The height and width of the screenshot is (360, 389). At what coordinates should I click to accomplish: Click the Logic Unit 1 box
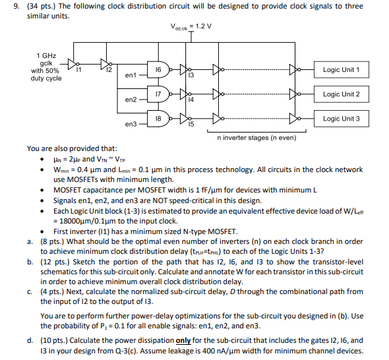click(342, 70)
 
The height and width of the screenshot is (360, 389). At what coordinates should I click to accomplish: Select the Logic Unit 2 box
click(342, 94)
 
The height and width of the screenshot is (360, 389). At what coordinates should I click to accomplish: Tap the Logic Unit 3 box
click(342, 119)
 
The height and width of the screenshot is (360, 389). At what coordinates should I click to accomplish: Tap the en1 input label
click(130, 75)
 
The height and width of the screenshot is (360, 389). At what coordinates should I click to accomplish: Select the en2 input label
click(130, 100)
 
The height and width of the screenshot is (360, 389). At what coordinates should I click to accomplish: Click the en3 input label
click(130, 123)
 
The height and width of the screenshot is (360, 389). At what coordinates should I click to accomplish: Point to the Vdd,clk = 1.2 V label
click(191, 27)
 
